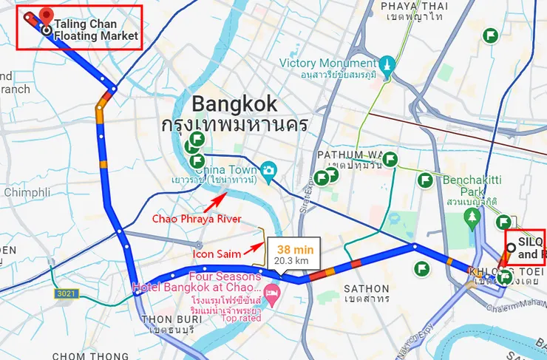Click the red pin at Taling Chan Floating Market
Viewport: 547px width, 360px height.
click(x=47, y=14)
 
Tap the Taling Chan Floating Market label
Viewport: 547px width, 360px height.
click(x=96, y=30)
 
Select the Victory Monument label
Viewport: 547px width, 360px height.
click(x=329, y=63)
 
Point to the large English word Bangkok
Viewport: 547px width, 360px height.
click(x=234, y=103)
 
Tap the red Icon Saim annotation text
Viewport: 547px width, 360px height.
click(x=217, y=254)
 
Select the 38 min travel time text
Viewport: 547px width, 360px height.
click(x=295, y=249)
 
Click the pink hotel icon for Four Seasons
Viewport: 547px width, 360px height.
click(x=271, y=293)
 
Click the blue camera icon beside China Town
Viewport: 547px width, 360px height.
click(x=268, y=170)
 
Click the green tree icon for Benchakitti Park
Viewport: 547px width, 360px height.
click(x=472, y=215)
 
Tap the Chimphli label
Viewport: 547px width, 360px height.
click(x=26, y=192)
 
